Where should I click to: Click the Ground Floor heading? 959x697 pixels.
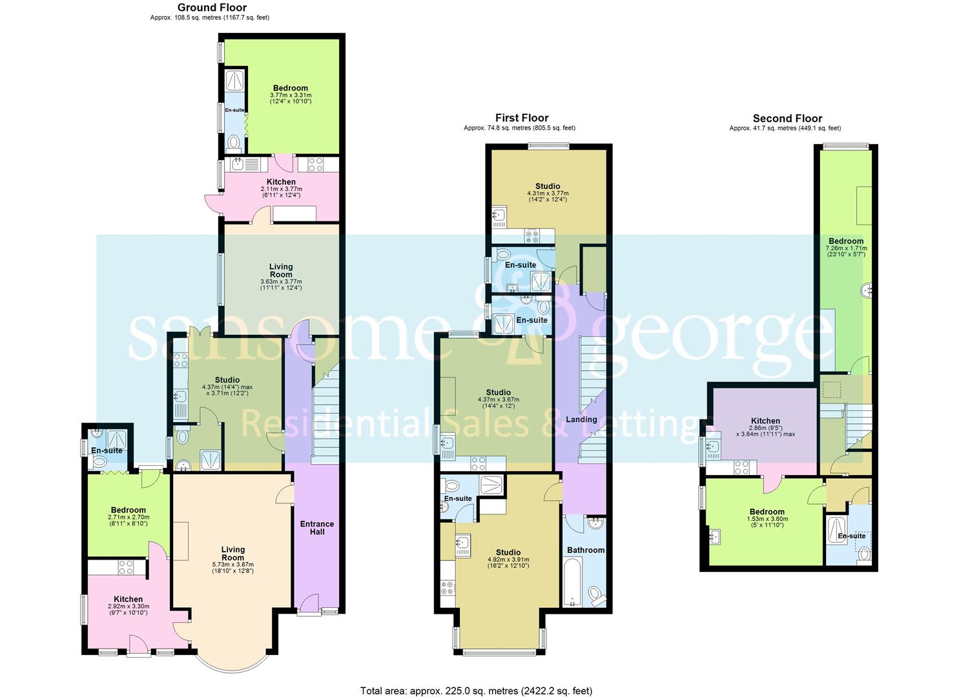click(x=212, y=8)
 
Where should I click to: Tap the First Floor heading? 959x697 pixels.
click(x=521, y=117)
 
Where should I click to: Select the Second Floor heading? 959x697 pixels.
click(x=787, y=118)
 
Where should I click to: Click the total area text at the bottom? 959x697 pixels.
click(x=476, y=691)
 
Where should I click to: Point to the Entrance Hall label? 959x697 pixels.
click(x=316, y=528)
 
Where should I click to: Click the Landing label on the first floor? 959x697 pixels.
click(x=581, y=419)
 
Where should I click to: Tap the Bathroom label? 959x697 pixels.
click(x=586, y=550)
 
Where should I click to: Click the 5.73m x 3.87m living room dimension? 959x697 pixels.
click(x=232, y=567)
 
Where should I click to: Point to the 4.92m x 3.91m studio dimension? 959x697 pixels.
click(x=508, y=563)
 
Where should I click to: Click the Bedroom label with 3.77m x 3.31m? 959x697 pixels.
click(x=290, y=88)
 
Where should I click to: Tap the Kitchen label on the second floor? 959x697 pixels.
click(x=765, y=421)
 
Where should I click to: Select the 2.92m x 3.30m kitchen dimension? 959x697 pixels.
click(x=128, y=609)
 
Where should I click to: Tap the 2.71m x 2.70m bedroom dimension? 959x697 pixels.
click(x=128, y=520)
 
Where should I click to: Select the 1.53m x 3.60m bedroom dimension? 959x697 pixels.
click(x=767, y=521)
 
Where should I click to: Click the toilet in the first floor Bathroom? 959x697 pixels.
click(x=597, y=594)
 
